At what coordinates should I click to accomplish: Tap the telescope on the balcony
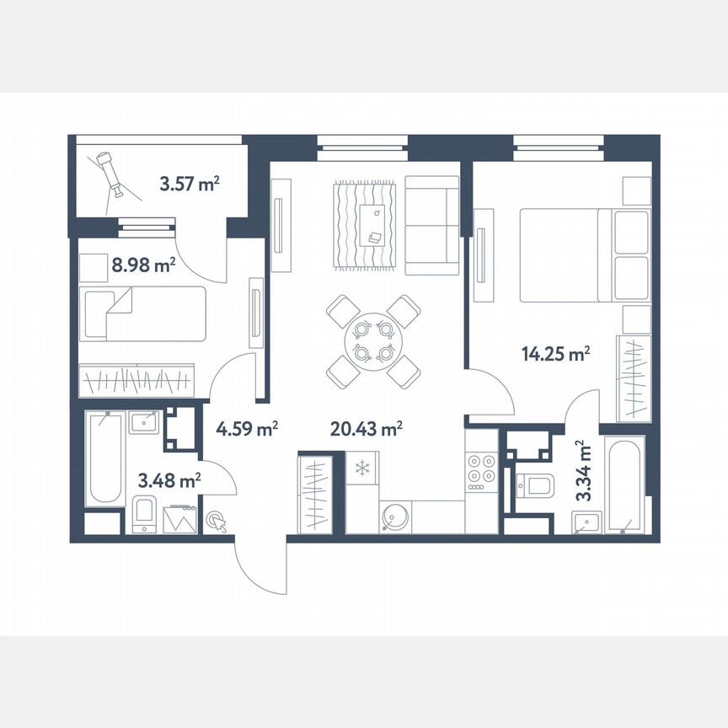110,173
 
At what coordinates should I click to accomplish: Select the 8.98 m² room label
143,265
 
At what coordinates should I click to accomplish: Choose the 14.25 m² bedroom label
554,355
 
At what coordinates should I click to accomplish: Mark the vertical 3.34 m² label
582,470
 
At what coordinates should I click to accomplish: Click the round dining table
373,340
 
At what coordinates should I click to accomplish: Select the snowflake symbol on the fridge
361,467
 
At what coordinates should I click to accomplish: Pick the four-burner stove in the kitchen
482,468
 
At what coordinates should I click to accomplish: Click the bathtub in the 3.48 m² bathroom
105,458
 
